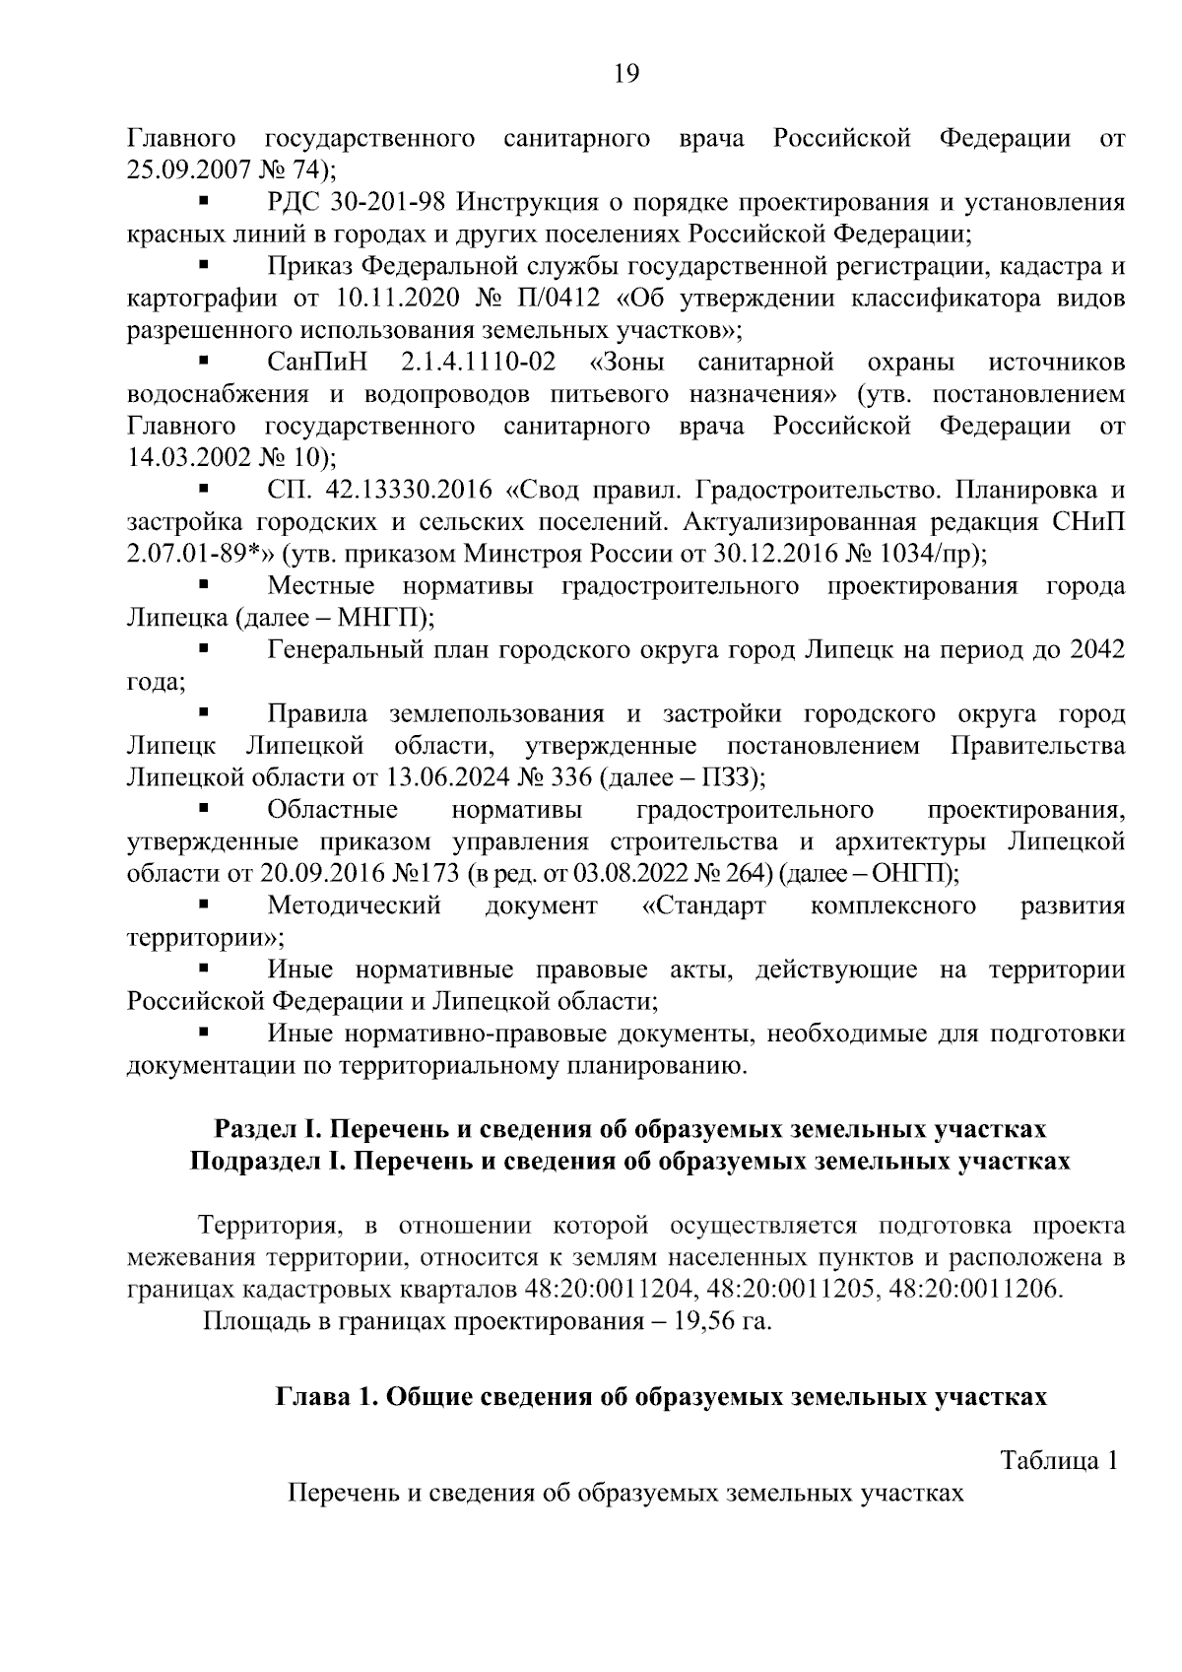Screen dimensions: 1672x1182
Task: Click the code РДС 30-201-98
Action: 357,203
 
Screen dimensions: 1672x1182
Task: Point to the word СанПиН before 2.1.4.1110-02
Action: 316,363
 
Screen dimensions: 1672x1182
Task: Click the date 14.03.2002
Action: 189,458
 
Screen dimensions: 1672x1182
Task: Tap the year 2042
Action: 1096,649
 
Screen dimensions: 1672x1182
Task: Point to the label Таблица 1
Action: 1059,1461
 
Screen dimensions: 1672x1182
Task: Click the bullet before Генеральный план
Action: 205,649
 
